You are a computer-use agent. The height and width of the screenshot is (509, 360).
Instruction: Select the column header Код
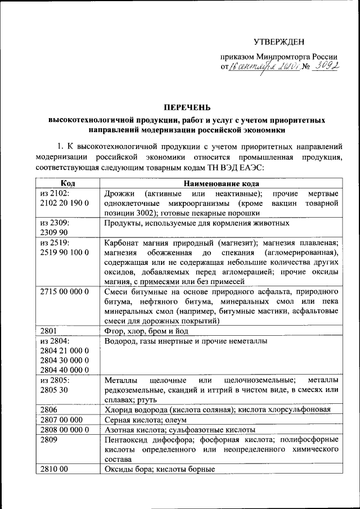click(67, 183)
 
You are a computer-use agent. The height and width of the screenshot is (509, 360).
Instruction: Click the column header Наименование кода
click(222, 183)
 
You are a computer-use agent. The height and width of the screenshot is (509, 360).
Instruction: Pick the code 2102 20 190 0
click(65, 203)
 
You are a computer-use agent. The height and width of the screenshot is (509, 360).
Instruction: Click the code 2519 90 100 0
click(65, 252)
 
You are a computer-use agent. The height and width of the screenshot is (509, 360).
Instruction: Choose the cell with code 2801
click(49, 330)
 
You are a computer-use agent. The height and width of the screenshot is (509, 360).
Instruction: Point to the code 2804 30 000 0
click(65, 360)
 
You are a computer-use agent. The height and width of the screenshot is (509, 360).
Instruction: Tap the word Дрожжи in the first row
click(119, 193)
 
